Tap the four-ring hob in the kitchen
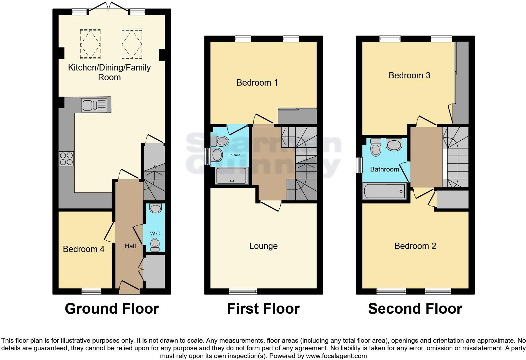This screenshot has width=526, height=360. [x=66, y=159]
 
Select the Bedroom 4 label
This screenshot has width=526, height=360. [x=84, y=249]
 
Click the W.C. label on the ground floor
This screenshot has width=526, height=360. [x=155, y=234]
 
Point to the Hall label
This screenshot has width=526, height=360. [x=130, y=246]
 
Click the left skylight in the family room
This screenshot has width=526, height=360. [x=90, y=44]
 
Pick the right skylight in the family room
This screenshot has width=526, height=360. [x=132, y=43]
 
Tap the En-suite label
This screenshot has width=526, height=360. [x=234, y=155]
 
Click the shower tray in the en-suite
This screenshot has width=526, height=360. [x=232, y=176]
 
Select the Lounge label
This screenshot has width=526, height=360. [x=263, y=246]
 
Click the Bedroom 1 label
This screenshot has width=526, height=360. [x=257, y=83]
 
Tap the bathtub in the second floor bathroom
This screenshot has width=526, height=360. [x=385, y=191]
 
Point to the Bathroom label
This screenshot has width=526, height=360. [x=385, y=169]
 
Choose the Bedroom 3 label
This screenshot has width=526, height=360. [x=410, y=76]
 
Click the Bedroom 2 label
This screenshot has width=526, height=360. [x=415, y=246]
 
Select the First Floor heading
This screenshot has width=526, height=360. [x=263, y=309]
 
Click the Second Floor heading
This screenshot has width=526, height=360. [x=415, y=309]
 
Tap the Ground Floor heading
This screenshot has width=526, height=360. [x=112, y=309]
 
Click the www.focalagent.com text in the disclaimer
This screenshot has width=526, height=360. [x=336, y=356]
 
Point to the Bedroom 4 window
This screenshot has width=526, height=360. [x=91, y=291]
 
